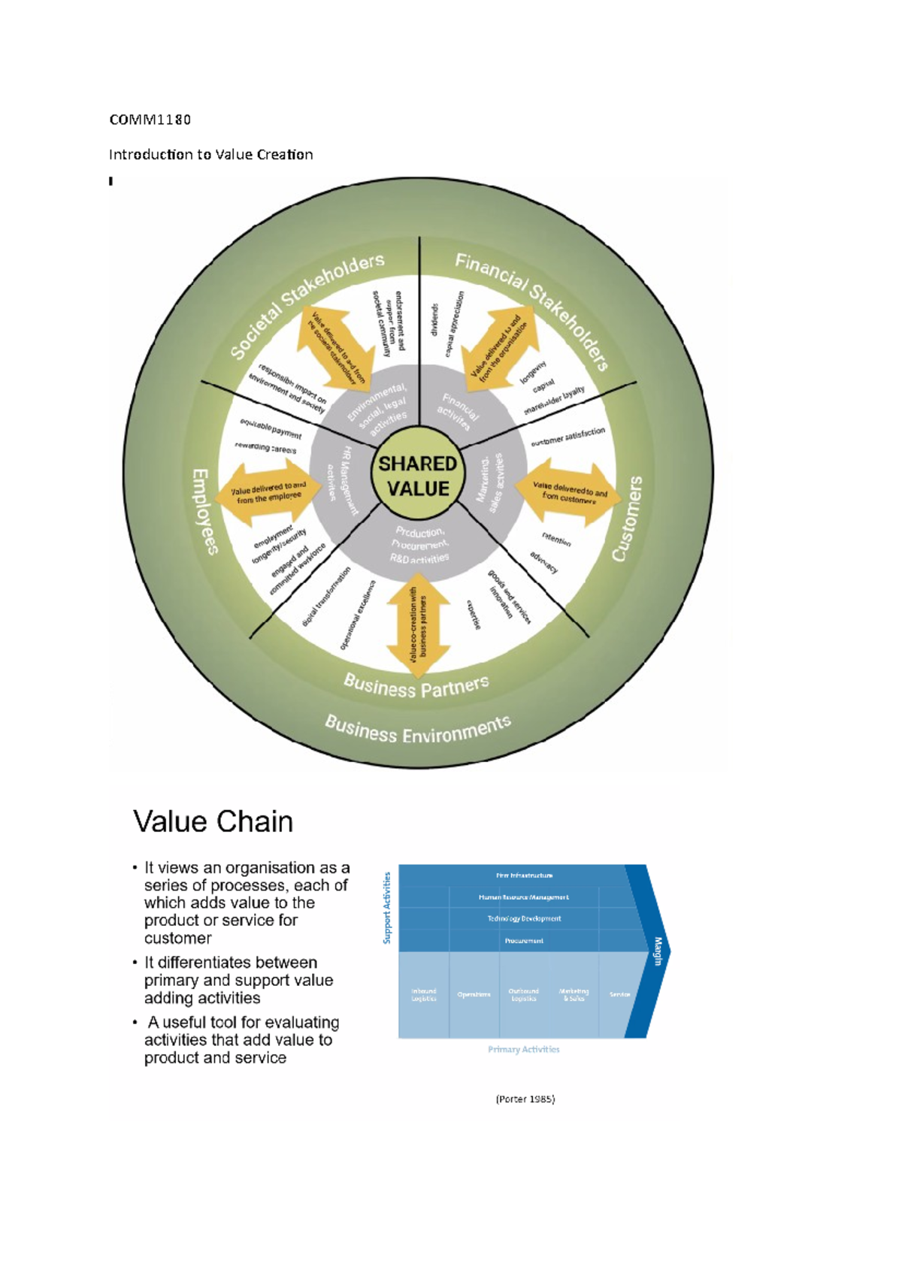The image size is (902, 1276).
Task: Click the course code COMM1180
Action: pyautogui.click(x=150, y=119)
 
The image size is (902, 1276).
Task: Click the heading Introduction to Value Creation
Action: pyautogui.click(x=210, y=155)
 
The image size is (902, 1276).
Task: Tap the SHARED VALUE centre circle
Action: pyautogui.click(x=418, y=476)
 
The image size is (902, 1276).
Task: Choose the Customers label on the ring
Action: pyautogui.click(x=628, y=519)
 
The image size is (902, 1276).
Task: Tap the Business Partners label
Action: pyautogui.click(x=416, y=686)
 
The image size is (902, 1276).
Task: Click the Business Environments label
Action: pyautogui.click(x=418, y=730)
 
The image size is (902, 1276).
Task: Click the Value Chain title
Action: pyautogui.click(x=213, y=821)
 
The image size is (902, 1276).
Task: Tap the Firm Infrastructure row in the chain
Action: pyautogui.click(x=524, y=875)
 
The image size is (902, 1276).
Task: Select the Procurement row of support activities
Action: pyautogui.click(x=524, y=941)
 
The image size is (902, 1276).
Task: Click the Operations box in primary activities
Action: pyautogui.click(x=474, y=994)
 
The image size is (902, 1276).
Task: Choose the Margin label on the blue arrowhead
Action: pyautogui.click(x=658, y=951)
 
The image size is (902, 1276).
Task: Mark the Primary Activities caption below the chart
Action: pyautogui.click(x=524, y=1050)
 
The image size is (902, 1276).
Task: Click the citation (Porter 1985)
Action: pyautogui.click(x=525, y=1099)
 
